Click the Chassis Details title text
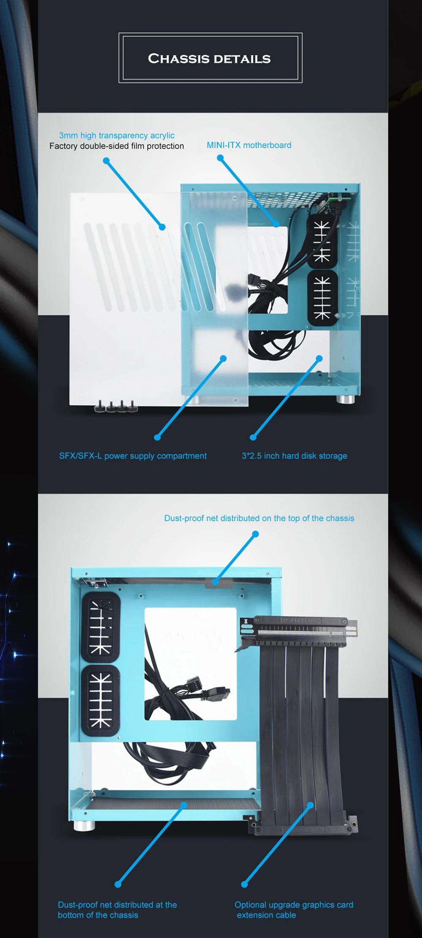click(x=209, y=59)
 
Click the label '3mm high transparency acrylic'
click(x=117, y=135)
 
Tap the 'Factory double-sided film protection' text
click(x=117, y=146)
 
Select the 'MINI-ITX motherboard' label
click(x=249, y=145)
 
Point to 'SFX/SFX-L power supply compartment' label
click(x=133, y=456)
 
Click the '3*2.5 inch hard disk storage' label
click(x=295, y=456)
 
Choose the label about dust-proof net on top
click(x=259, y=518)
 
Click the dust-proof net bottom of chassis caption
click(x=117, y=910)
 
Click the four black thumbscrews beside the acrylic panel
click(x=116, y=406)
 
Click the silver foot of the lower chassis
click(x=84, y=825)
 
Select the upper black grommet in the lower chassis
click(x=100, y=628)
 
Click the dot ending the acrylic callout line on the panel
click(x=162, y=227)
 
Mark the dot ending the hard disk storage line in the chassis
click(x=319, y=358)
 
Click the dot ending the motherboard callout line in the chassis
click(x=276, y=224)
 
